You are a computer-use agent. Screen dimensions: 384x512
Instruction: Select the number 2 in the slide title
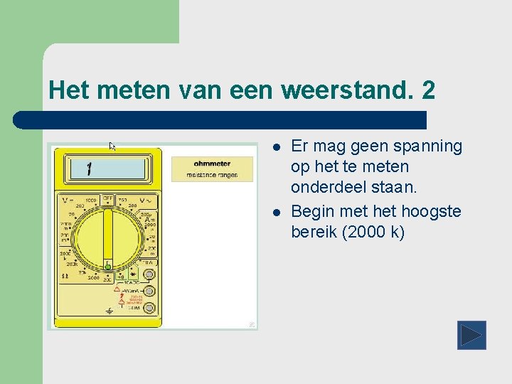tap(428, 90)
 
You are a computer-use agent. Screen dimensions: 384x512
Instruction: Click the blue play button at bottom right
tap(471, 335)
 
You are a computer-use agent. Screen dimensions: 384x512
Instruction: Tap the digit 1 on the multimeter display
tap(89, 169)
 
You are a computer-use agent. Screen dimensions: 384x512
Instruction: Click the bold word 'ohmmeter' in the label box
tap(212, 164)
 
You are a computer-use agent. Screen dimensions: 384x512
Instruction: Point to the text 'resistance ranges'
tap(212, 174)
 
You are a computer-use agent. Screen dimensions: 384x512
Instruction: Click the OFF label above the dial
tap(108, 199)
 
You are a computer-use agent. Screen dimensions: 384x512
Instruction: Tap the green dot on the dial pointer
tap(108, 266)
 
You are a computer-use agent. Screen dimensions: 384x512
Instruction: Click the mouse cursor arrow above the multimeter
tap(112, 146)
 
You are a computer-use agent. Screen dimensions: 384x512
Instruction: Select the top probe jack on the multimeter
tap(149, 275)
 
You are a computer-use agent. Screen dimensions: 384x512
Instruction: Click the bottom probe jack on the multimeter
tap(149, 307)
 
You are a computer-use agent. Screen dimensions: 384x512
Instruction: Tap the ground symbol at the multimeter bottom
tap(110, 311)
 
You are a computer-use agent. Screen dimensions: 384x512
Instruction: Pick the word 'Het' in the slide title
tap(66, 90)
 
